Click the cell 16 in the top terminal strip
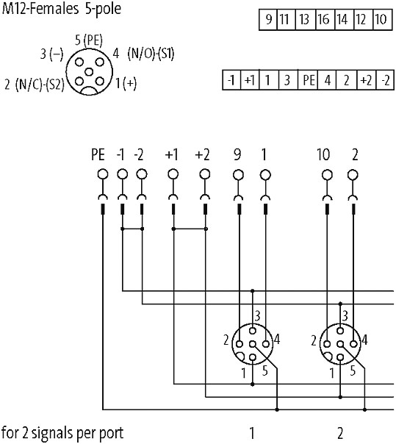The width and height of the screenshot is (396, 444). [325, 20]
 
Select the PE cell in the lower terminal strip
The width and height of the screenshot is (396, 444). [308, 80]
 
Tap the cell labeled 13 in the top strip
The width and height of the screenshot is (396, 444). [305, 20]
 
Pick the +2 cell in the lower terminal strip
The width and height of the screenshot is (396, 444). [367, 80]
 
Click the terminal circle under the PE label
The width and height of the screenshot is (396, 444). [103, 174]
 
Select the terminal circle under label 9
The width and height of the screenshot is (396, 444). [238, 175]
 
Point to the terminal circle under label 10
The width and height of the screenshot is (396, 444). [327, 175]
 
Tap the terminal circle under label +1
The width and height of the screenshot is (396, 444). [173, 174]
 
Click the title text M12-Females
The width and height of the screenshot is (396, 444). [40, 9]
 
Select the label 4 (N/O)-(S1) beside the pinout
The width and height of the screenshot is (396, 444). [143, 53]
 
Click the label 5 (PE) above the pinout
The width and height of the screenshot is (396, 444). [89, 40]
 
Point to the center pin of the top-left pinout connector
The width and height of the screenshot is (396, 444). [89, 72]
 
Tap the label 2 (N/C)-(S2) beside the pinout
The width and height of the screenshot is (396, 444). [35, 85]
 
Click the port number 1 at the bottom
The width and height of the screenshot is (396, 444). [252, 433]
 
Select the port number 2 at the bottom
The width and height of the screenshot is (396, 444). [340, 433]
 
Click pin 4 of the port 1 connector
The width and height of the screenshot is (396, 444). [266, 344]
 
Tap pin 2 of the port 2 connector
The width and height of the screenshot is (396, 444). [327, 344]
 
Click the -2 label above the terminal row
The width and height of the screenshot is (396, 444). [139, 155]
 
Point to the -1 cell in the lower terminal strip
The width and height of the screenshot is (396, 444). [231, 80]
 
